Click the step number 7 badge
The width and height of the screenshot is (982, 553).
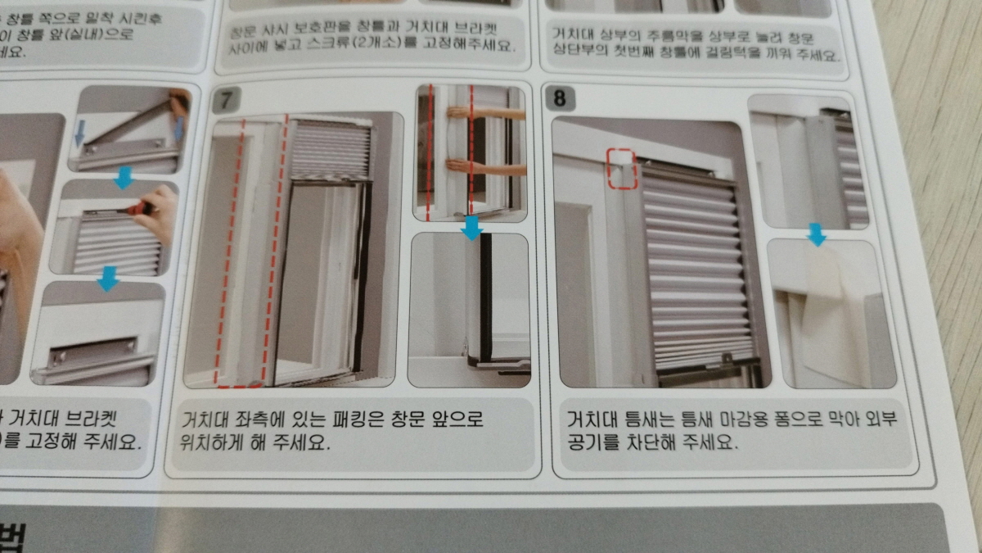point(223,101)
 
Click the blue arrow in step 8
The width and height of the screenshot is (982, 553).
point(816,236)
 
